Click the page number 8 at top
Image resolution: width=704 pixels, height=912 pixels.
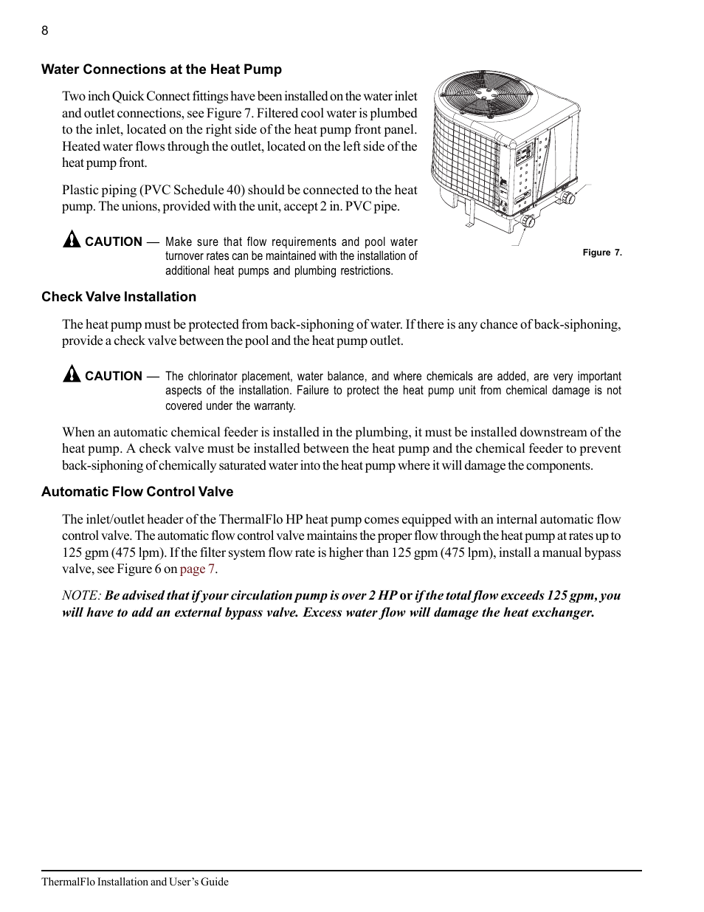tap(45, 30)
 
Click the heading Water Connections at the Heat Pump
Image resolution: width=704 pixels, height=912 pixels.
tap(161, 69)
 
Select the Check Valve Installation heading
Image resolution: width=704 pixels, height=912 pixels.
tap(119, 297)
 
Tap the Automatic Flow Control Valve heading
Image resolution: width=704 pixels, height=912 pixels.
tap(137, 492)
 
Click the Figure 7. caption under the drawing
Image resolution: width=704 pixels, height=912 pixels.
tap(602, 253)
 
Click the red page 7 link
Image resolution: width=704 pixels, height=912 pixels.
tap(198, 569)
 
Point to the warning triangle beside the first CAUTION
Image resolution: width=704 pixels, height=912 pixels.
tap(71, 240)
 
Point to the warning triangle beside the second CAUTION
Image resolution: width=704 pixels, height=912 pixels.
tap(71, 374)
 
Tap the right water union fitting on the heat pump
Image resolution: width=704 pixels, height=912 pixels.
tap(569, 198)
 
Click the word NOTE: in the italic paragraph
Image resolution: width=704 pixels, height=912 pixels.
tap(81, 595)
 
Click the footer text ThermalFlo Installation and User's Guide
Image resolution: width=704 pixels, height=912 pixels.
tap(135, 882)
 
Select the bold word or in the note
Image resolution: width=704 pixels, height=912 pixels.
tap(405, 595)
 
